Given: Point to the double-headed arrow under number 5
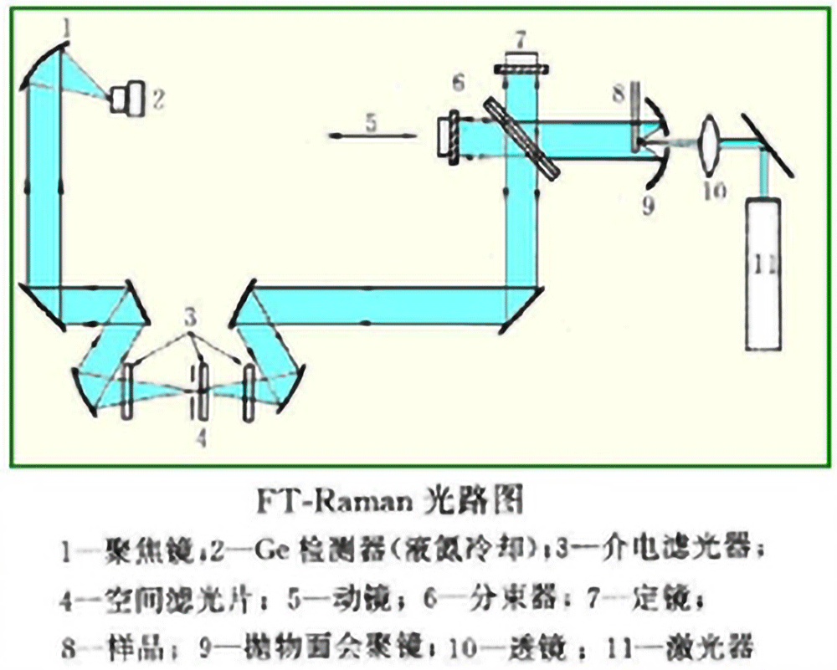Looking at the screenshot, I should (371, 136).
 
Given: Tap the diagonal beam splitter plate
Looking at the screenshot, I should (521, 136).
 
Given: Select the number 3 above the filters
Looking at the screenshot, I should (191, 318).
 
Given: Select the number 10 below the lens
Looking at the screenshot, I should (714, 191).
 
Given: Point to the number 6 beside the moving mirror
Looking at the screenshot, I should (457, 83).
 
